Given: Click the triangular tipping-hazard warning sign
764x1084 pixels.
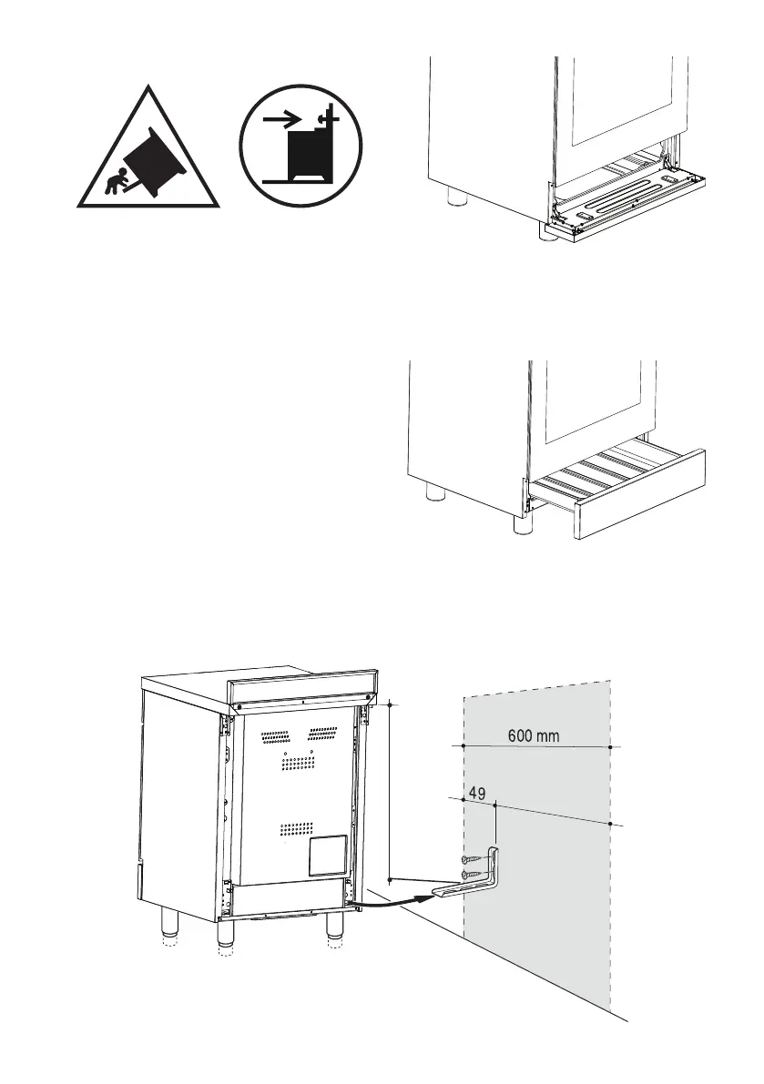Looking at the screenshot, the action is [x=147, y=155].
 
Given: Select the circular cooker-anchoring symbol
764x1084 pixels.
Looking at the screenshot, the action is [x=301, y=147].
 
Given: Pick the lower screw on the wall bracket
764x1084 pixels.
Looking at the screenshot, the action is [x=474, y=874].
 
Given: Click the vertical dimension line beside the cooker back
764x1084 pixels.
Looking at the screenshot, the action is [x=390, y=792].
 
